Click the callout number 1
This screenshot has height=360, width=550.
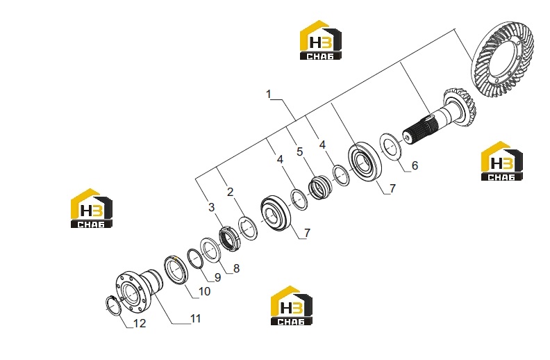coord(269,95)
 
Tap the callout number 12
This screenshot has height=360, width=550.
coord(140,323)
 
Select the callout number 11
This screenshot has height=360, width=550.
coord(195,318)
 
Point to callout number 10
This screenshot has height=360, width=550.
coord(204,291)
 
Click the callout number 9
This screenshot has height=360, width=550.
coord(218,277)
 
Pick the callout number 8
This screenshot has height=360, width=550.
coord(236,268)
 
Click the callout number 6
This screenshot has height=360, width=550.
coord(415,165)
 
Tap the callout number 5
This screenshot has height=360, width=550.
coord(299,152)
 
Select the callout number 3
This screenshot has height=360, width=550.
coord(211,207)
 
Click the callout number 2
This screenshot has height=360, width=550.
coord(230,192)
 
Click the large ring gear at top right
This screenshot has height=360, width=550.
coord(503,59)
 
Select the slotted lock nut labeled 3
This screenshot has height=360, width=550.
coord(228,239)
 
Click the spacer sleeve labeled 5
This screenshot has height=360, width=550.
coord(319,188)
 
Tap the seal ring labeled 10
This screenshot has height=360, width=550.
coord(176,270)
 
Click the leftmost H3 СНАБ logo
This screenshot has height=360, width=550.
coord(91,208)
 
